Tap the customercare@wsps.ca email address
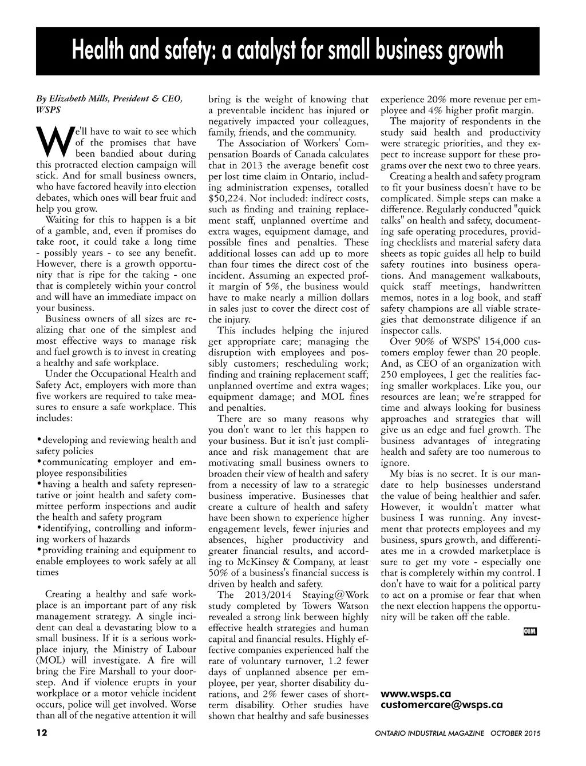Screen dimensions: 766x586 (x=441, y=705)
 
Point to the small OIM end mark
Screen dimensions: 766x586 (x=530, y=631)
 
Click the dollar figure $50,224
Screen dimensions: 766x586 (x=227, y=199)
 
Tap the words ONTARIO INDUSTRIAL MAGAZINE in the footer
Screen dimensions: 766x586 (x=430, y=733)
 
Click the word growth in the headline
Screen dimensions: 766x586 (x=476, y=50)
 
